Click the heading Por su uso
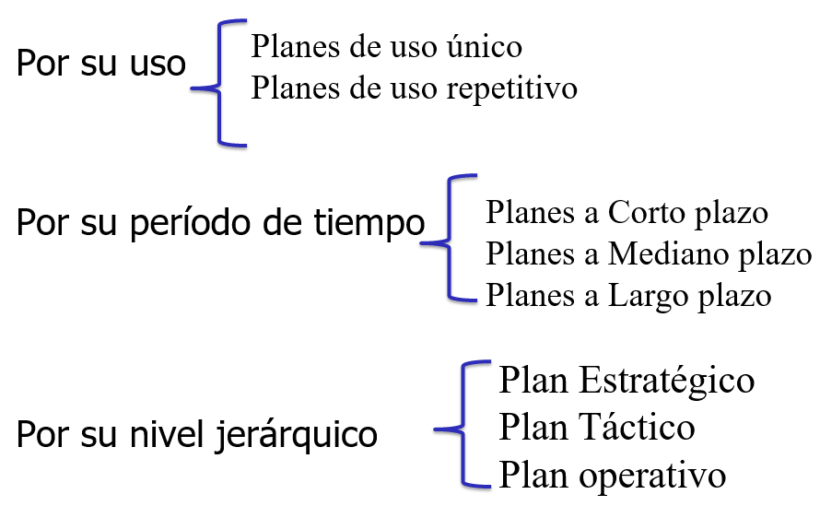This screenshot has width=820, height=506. click(101, 64)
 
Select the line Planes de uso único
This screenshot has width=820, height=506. click(386, 46)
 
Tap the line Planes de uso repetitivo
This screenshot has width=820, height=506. click(415, 88)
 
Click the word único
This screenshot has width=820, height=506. click(484, 46)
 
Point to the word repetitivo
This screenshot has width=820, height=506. click(512, 89)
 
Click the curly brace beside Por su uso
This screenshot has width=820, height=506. click(219, 84)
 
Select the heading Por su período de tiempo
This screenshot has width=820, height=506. click(220, 223)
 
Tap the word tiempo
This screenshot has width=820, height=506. click(369, 223)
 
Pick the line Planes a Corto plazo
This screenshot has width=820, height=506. click(627, 213)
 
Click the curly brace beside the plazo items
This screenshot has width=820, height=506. click(449, 238)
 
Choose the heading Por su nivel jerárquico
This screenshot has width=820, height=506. click(196, 435)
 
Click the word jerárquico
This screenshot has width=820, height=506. click(296, 435)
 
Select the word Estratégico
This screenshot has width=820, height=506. click(667, 381)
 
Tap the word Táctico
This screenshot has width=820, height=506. click(637, 427)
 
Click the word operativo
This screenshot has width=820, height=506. click(652, 477)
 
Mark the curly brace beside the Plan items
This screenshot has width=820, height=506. click(463, 424)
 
